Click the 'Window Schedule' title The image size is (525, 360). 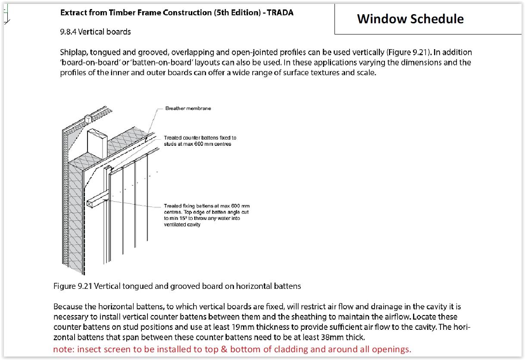(x=410, y=19)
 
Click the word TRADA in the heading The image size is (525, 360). (x=280, y=13)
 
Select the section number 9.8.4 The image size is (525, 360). (x=68, y=31)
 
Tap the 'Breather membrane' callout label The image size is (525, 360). (x=188, y=108)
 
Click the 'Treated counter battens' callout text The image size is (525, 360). (x=200, y=141)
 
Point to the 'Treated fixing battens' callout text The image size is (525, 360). (x=207, y=215)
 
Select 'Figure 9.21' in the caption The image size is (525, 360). (x=73, y=286)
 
